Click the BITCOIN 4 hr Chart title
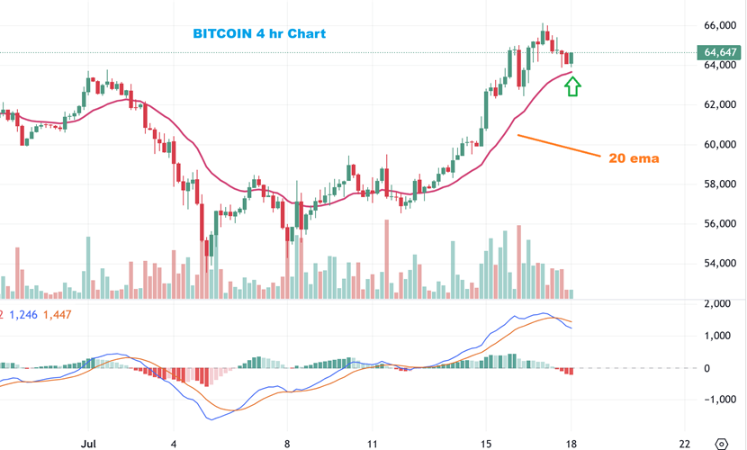(259, 34)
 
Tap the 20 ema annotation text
(634, 158)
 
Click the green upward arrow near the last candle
(572, 86)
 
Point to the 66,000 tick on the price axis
(719, 25)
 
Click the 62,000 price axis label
(719, 104)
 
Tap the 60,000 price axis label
(719, 144)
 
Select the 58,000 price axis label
(719, 184)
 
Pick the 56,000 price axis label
(719, 224)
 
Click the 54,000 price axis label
(719, 264)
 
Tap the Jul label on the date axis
(88, 443)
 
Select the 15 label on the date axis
(486, 443)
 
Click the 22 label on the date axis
(686, 443)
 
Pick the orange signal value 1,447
(57, 314)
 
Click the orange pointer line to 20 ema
(558, 146)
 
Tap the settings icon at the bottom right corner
(721, 443)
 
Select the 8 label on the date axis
(287, 443)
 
